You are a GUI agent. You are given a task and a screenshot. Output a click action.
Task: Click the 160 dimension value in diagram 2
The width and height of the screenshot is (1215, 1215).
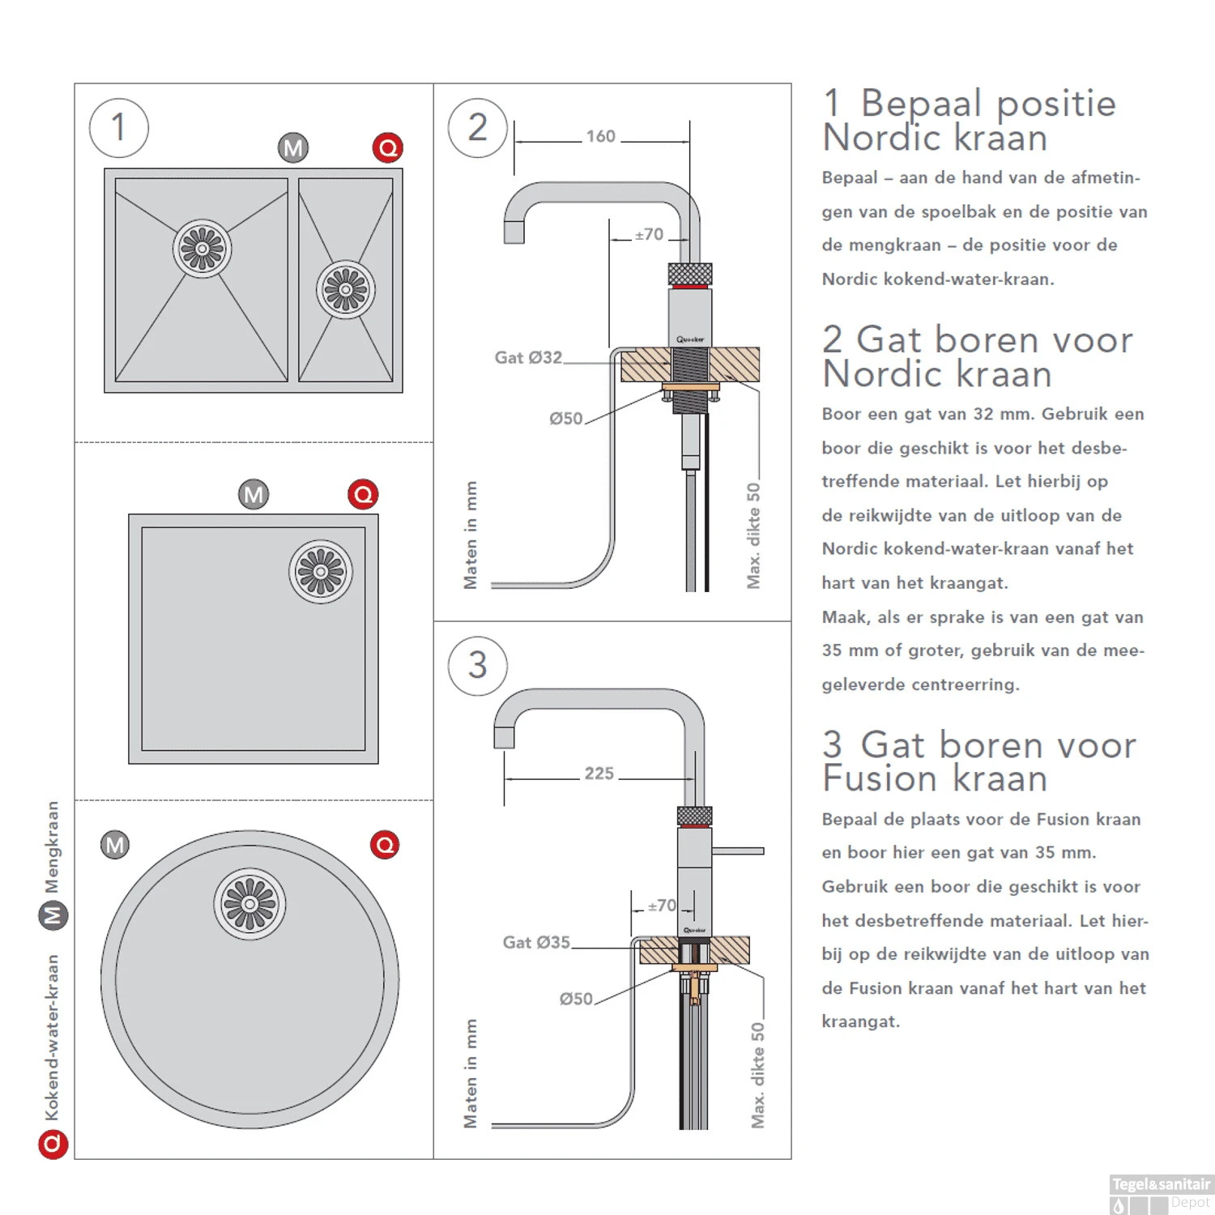600,136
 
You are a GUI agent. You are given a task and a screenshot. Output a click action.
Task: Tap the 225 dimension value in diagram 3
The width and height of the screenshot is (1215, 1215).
599,774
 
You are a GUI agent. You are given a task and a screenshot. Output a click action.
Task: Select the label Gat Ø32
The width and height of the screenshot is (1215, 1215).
528,357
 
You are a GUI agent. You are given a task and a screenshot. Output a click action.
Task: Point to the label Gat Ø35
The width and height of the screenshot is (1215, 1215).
536,942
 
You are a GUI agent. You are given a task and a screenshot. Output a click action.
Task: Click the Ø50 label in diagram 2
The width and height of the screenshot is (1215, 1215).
565,419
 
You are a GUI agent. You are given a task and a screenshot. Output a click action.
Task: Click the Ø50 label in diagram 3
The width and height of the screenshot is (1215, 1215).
576,1000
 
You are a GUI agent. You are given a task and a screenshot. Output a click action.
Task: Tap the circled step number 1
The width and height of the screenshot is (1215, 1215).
119,128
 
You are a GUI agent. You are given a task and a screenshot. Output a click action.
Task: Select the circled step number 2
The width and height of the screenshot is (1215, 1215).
478,128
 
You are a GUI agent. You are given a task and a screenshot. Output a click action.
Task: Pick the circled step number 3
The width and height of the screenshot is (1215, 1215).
478,666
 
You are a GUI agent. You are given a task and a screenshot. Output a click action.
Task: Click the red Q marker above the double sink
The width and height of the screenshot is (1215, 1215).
388,148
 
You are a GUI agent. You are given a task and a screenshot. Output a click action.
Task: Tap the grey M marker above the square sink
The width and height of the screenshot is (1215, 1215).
254,494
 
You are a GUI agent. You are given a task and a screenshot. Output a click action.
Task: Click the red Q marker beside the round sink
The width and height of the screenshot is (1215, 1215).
385,845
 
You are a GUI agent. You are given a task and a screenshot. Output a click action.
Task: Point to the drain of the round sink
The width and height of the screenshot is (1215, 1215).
249,904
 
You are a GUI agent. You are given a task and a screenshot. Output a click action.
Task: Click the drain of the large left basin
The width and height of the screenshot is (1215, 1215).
202,249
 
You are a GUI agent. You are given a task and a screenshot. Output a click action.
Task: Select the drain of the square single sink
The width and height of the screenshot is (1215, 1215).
321,572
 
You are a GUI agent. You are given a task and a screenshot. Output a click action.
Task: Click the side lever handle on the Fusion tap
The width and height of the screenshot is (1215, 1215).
738,850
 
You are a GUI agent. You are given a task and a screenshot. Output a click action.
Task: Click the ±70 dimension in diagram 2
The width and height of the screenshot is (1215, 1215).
649,235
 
